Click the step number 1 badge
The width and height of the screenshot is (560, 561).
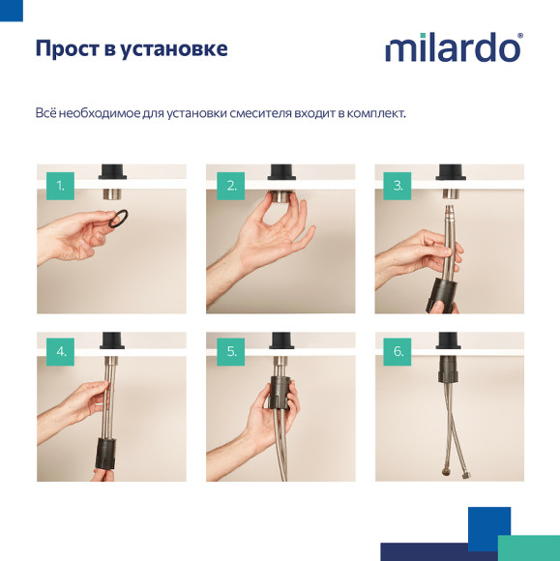60,185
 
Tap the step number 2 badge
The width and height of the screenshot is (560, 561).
230,185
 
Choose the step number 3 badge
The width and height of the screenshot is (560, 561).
398,185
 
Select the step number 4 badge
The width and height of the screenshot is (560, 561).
60,351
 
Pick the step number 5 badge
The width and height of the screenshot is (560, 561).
230,351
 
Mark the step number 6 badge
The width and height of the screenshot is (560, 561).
398,351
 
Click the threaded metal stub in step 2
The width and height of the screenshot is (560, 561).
280,195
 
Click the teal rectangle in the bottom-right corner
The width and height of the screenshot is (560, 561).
528,547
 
